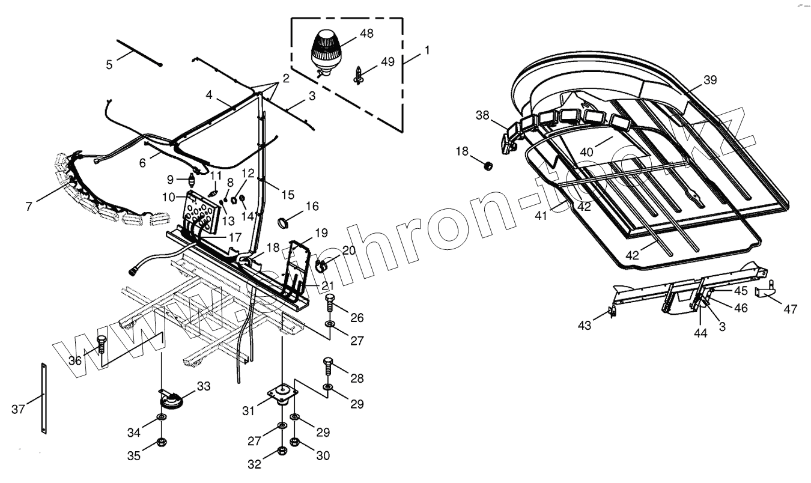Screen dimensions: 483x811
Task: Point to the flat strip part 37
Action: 44,398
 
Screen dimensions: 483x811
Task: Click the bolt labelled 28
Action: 328,365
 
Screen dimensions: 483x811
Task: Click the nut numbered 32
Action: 282,451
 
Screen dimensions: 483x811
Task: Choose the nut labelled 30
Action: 295,443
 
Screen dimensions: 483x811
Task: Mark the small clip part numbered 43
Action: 612,311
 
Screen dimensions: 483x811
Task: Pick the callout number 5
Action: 109,64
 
